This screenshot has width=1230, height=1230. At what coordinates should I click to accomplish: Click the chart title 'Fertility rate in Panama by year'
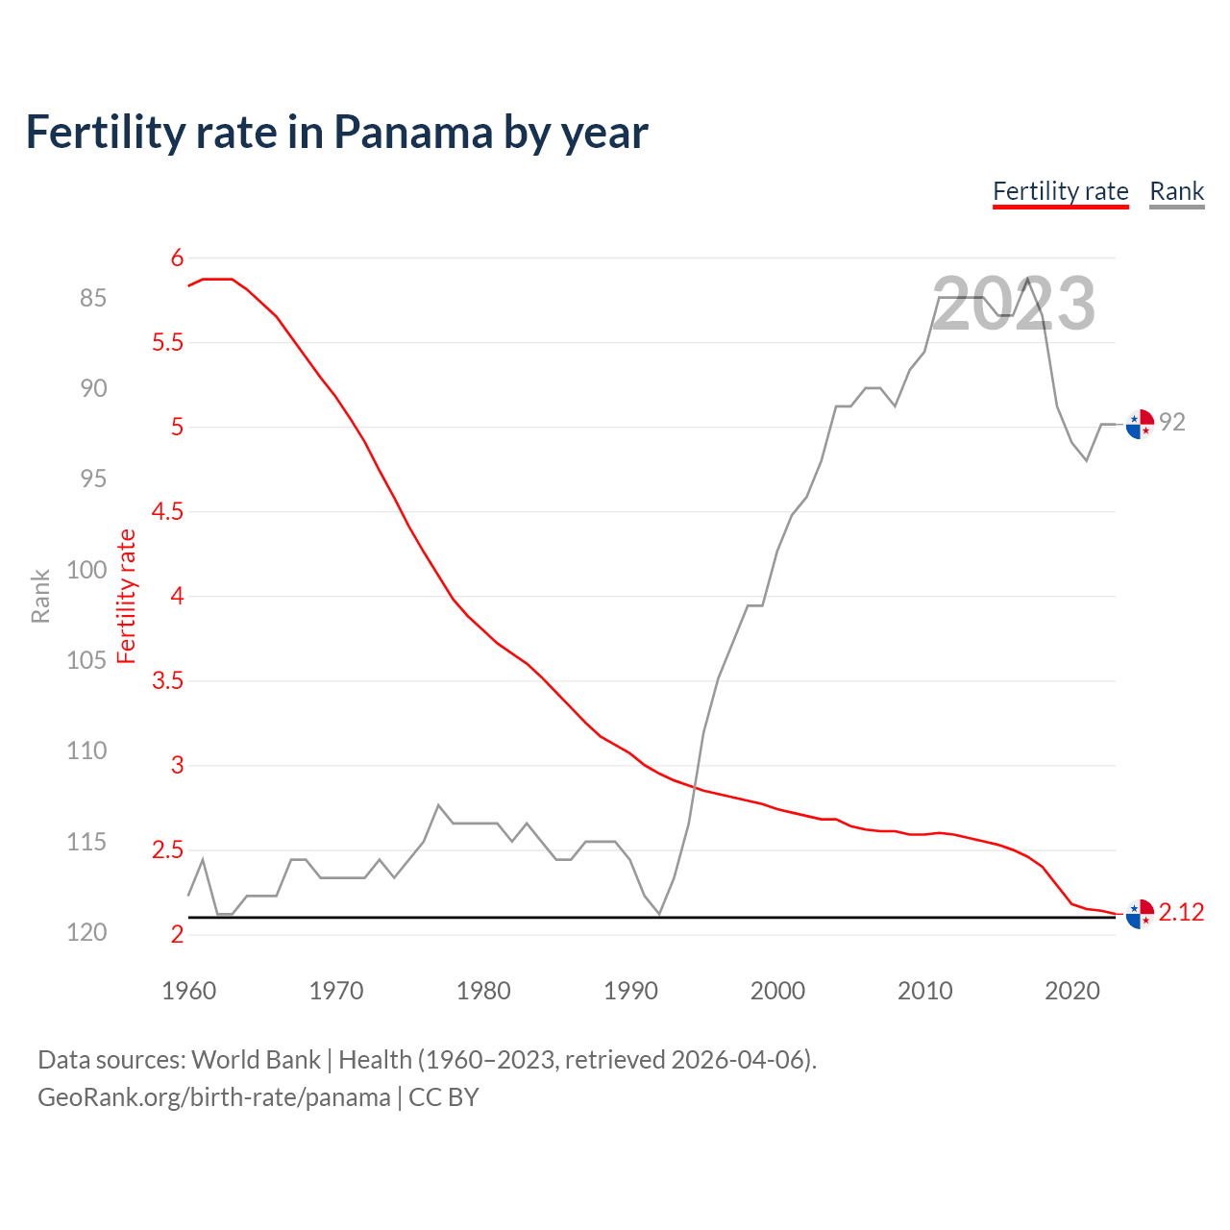[336, 132]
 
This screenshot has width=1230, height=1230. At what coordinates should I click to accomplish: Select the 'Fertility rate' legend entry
[1060, 191]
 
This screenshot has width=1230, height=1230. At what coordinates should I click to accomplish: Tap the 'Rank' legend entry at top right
[1176, 191]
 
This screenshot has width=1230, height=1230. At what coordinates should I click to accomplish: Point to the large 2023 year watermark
[1014, 304]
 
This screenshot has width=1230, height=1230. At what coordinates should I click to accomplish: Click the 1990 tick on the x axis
[630, 991]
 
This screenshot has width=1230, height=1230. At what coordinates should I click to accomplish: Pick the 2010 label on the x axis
[924, 991]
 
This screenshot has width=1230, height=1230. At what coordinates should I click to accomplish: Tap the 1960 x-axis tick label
[189, 991]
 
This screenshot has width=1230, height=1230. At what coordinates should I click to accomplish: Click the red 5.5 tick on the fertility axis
[167, 343]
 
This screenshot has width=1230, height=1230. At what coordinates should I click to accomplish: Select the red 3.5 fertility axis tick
[167, 681]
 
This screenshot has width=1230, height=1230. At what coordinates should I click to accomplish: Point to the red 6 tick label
[177, 258]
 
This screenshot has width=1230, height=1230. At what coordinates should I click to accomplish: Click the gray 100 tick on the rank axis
[86, 570]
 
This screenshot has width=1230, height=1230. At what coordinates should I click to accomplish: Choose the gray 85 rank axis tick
[93, 299]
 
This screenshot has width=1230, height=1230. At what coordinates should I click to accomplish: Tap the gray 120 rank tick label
[86, 932]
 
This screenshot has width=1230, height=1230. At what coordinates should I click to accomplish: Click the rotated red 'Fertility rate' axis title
[127, 596]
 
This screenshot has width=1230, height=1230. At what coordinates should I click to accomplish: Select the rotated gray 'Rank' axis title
[40, 596]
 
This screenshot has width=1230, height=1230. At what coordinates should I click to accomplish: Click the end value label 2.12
[1181, 912]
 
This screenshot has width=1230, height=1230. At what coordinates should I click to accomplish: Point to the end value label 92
[1172, 422]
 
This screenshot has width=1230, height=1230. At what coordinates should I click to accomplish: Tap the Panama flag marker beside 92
[1140, 423]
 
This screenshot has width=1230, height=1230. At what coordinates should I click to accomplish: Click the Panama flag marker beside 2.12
[1140, 915]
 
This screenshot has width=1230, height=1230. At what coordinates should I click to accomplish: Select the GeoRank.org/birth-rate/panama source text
[213, 1097]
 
